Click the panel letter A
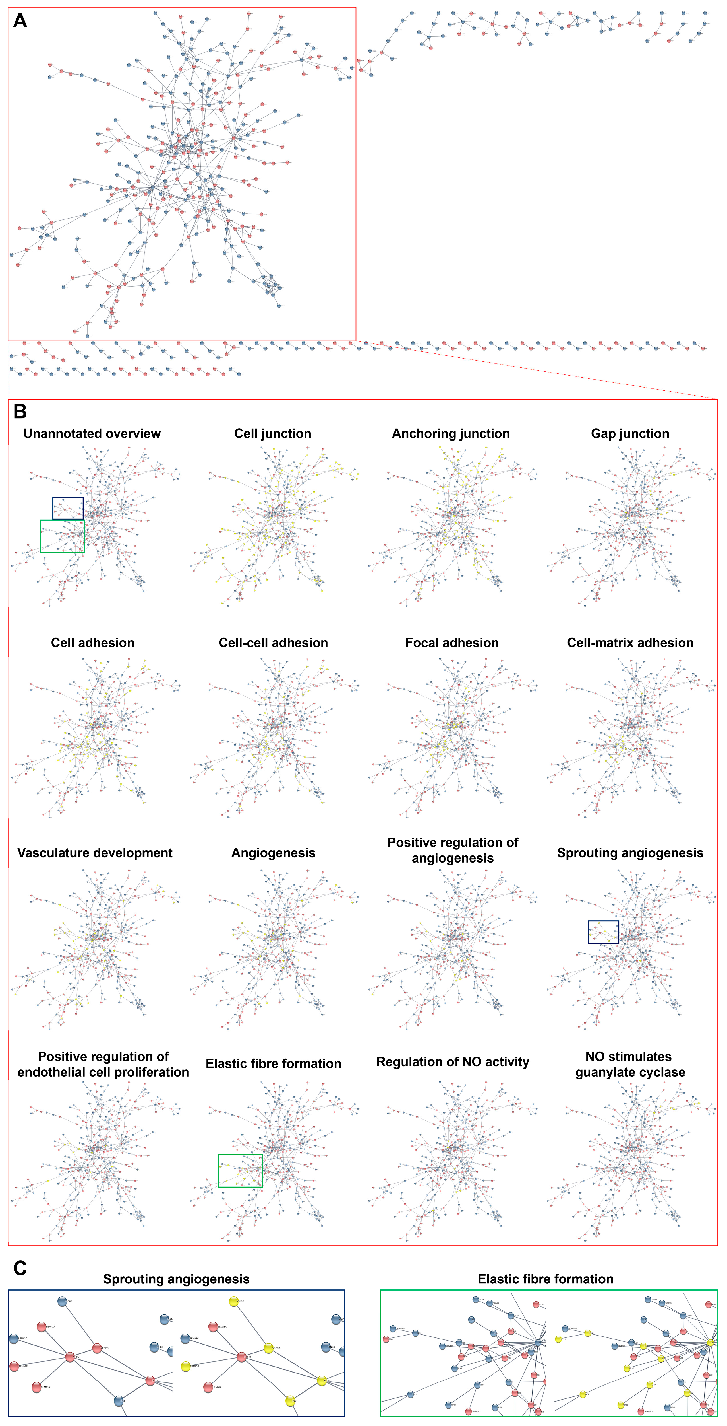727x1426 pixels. point(20,21)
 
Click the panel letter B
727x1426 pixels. point(20,411)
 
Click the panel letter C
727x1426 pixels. point(20,1268)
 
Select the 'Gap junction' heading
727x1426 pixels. point(630,433)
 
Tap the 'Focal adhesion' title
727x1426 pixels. point(451,643)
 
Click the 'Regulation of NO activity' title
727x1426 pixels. point(453,1062)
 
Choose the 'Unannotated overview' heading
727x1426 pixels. point(92,433)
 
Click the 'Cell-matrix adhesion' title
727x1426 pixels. point(630,643)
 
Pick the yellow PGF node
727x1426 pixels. point(290,1401)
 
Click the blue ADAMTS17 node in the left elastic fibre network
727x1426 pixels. point(393,1329)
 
